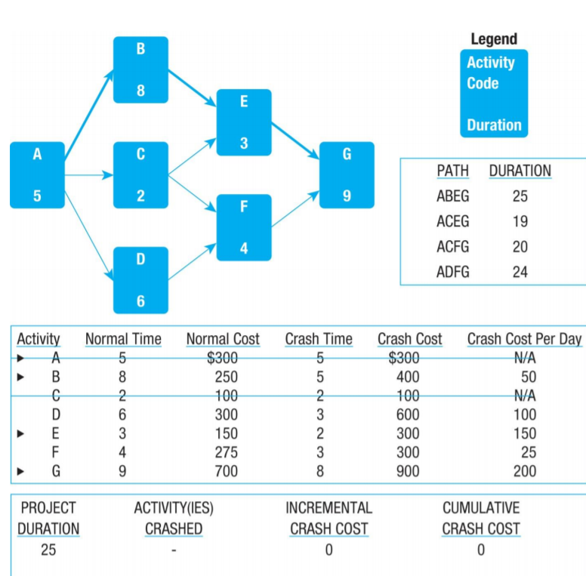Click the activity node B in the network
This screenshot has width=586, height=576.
(x=140, y=69)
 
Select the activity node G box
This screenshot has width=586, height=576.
(x=347, y=174)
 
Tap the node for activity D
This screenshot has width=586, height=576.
(x=140, y=279)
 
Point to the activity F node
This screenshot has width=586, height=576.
(x=244, y=227)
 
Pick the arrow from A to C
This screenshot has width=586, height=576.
(x=89, y=175)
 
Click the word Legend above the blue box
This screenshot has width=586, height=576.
(x=494, y=39)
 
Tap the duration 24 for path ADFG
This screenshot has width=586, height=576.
(x=520, y=272)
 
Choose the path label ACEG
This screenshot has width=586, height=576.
(x=452, y=221)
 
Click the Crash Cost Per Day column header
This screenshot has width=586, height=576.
(x=524, y=339)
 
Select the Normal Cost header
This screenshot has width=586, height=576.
(x=222, y=339)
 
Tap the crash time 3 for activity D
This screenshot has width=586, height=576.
(x=319, y=414)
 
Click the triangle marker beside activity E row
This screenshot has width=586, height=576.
(x=22, y=433)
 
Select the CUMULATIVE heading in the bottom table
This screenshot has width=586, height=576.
(x=481, y=508)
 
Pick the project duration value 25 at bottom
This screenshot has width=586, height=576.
(x=48, y=550)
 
